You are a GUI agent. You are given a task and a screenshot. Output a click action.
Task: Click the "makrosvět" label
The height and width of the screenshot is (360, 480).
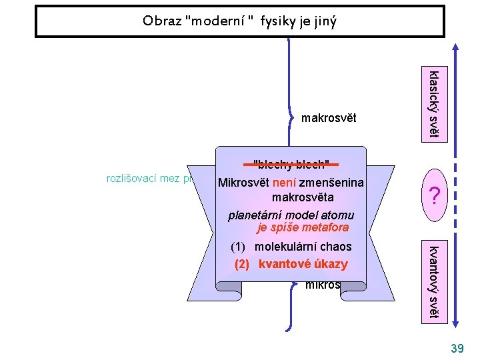(x=329, y=119)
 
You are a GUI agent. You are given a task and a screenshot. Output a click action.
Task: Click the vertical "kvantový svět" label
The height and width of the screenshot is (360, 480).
(x=433, y=281)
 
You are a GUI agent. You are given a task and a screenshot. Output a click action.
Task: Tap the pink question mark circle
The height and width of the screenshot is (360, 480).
(x=434, y=195)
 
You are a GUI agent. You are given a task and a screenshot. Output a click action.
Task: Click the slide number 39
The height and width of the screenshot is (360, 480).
(x=457, y=349)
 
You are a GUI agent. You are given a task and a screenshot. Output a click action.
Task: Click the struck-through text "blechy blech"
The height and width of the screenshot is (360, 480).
(x=291, y=165)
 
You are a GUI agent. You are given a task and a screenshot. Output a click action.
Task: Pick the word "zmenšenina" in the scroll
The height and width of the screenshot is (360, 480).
(x=332, y=183)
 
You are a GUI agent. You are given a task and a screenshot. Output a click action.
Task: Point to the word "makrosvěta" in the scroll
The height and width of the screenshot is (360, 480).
(x=301, y=198)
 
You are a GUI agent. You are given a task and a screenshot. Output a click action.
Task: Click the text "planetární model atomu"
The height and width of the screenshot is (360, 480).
(x=291, y=215)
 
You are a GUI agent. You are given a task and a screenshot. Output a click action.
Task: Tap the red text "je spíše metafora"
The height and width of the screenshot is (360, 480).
(x=302, y=227)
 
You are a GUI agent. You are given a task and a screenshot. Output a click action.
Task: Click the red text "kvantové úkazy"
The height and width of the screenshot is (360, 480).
(x=303, y=263)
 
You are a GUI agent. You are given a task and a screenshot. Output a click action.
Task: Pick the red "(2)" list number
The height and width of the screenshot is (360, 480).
(x=241, y=263)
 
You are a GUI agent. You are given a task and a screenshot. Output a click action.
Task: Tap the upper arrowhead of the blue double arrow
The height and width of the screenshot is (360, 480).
(x=455, y=48)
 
